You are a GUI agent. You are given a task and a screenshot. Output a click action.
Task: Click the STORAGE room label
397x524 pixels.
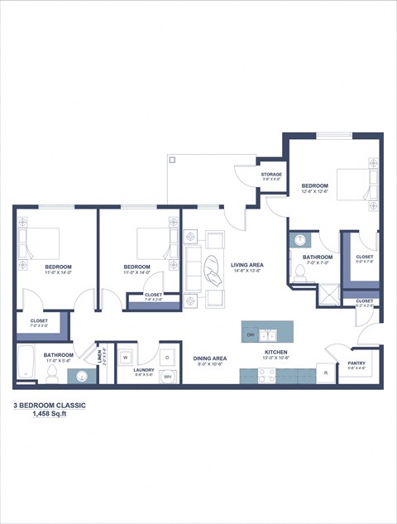(x=272, y=175)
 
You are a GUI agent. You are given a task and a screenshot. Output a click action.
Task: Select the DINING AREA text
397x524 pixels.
(x=210, y=358)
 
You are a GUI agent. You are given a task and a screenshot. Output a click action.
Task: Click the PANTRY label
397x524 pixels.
(x=356, y=362)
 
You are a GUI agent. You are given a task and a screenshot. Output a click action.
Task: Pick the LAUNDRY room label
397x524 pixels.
(x=145, y=372)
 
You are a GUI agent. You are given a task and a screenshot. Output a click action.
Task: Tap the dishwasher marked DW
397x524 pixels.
(x=250, y=334)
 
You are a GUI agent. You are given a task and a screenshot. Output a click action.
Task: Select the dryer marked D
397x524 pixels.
(x=167, y=358)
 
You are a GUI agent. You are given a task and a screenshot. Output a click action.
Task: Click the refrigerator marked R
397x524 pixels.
(x=326, y=373)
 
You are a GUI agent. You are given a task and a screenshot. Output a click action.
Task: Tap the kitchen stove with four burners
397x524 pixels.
(x=267, y=375)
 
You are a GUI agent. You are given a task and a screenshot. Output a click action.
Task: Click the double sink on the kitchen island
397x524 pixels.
(x=267, y=334)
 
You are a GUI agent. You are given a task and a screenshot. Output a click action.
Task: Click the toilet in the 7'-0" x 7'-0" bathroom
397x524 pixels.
(x=299, y=272)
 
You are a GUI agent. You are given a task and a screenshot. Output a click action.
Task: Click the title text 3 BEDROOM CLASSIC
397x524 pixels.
(x=50, y=406)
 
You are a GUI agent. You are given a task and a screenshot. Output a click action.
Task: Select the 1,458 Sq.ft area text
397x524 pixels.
(x=50, y=415)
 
